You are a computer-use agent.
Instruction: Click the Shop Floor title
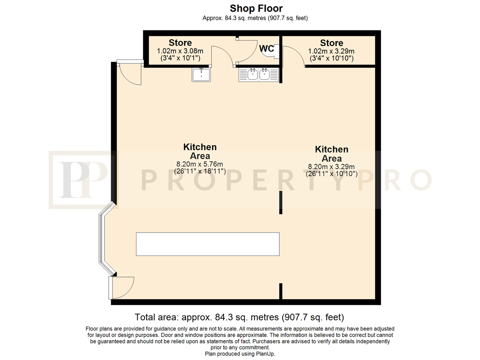pyautogui.click(x=256, y=8)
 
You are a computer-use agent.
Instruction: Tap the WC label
pyautogui.click(x=266, y=49)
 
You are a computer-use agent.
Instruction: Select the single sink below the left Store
pyautogui.click(x=201, y=75)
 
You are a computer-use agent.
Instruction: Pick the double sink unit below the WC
pyautogui.click(x=259, y=75)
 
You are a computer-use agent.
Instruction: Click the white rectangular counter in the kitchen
pyautogui.click(x=208, y=244)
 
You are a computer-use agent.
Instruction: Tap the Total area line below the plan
pyautogui.click(x=240, y=317)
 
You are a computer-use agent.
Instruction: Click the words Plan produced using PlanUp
pyautogui.click(x=240, y=354)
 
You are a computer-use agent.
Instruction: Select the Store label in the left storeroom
pyautogui.click(x=180, y=43)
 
